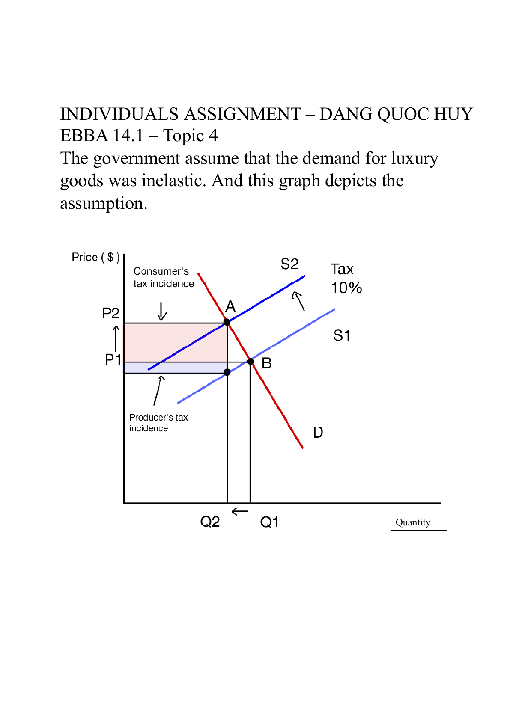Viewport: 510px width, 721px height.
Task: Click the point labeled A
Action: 227,322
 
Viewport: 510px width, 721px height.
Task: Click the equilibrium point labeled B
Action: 250,362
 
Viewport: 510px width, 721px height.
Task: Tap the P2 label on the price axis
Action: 110,313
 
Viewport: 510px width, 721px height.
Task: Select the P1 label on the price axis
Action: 113,359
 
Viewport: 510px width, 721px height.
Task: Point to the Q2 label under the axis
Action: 210,522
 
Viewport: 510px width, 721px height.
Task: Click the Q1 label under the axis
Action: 269,522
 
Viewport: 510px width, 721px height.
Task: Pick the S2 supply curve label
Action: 289,264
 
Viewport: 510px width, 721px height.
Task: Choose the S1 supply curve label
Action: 342,335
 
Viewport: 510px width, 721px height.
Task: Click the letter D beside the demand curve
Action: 318,432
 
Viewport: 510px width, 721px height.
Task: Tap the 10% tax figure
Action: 346,288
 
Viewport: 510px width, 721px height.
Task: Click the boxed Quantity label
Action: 418,522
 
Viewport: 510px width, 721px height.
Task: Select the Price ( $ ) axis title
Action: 95,257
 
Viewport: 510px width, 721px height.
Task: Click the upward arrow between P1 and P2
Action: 116,338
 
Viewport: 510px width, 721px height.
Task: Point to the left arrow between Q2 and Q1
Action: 240,511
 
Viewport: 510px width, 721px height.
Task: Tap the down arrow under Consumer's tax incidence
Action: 162,311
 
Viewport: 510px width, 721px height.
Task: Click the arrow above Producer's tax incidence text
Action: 158,391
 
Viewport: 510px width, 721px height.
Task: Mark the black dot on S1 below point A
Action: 227,372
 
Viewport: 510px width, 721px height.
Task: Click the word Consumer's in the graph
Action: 161,271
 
